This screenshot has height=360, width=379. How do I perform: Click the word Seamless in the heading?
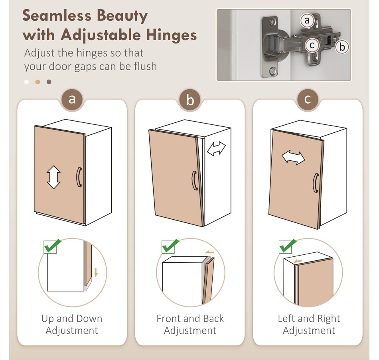click(57, 16)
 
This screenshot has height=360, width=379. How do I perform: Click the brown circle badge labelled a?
click(72, 99)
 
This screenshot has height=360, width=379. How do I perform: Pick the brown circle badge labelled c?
click(308, 99)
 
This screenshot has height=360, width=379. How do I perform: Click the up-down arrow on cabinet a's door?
click(54, 177)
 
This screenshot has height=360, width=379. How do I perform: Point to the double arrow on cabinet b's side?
click(216, 148)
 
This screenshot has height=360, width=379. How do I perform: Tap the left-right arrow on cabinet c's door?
click(294, 157)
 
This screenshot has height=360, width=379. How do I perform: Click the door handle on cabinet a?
click(79, 177)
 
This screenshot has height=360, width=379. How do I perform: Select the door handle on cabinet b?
click(195, 181)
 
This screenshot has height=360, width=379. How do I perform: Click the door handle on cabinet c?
click(316, 183)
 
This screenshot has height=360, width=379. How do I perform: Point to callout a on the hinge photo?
click(307, 20)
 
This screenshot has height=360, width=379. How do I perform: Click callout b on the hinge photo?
click(342, 47)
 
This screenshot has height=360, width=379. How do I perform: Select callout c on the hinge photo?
click(312, 45)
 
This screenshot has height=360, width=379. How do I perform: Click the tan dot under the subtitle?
click(38, 82)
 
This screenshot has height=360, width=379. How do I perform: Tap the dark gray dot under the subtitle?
click(49, 82)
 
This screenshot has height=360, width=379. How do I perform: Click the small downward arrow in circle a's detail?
click(96, 273)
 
